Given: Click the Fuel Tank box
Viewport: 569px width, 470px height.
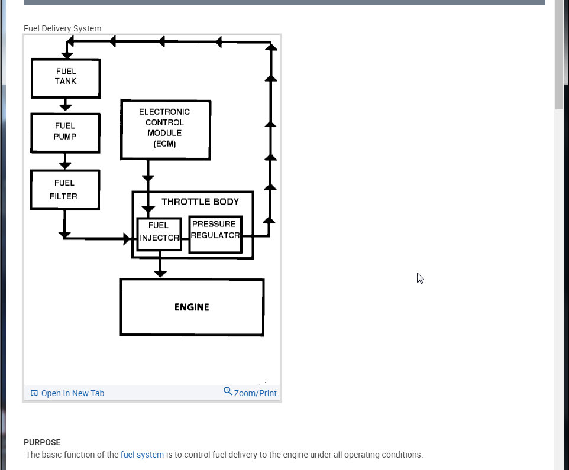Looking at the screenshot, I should click(66, 78).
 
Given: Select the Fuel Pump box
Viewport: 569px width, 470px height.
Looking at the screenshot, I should click(65, 132).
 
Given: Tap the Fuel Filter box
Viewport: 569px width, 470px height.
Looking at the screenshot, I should click(64, 190).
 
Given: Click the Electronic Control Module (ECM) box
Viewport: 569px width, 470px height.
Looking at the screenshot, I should click(165, 129).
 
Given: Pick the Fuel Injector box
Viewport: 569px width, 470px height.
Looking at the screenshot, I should click(159, 234).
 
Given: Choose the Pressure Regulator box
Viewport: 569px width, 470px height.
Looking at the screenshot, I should click(215, 234).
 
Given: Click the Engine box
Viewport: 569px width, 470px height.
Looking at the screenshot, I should click(192, 307).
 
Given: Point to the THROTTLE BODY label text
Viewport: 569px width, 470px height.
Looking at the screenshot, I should click(200, 202).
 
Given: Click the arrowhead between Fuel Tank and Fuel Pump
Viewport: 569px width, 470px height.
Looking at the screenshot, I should click(66, 106).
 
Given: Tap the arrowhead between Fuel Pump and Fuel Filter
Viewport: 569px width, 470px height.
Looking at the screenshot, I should click(65, 164).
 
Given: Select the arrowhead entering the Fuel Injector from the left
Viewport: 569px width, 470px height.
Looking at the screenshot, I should click(127, 239).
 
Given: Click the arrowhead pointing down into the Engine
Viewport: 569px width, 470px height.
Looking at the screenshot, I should click(160, 273).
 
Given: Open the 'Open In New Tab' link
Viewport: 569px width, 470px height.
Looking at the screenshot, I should click(72, 393).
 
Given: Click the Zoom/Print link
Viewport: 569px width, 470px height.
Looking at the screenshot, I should click(255, 393).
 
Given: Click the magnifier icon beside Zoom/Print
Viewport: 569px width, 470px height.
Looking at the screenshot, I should click(228, 391).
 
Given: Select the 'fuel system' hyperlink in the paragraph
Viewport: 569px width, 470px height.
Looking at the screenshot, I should click(142, 455).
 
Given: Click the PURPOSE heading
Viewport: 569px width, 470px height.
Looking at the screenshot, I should click(42, 442).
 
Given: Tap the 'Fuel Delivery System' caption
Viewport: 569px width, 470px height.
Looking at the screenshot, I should click(62, 28).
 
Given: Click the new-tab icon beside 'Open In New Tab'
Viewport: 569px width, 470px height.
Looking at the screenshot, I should click(34, 393).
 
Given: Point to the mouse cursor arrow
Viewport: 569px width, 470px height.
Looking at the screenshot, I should click(419, 277).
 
